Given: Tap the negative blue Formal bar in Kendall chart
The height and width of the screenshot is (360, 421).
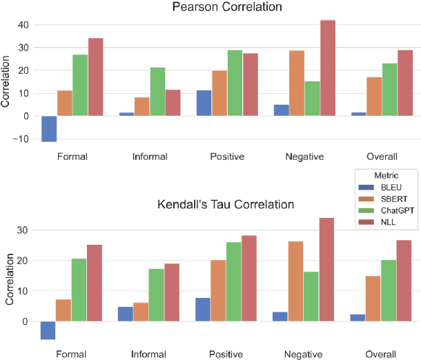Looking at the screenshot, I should [x=49, y=330].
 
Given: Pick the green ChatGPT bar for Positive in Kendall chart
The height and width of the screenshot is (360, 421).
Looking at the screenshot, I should [x=235, y=281].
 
